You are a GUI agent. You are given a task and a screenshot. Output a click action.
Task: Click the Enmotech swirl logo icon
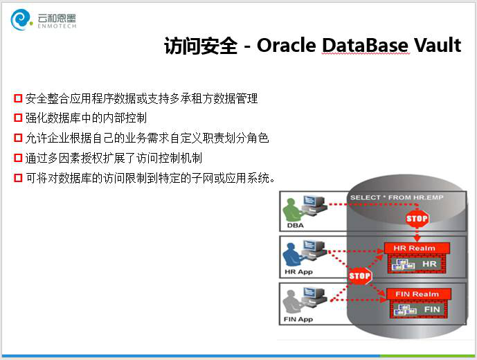21,20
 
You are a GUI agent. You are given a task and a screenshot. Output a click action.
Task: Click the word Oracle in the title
287,45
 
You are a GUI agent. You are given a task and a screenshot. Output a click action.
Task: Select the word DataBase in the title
365,45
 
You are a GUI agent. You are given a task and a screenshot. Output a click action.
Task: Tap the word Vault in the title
438,45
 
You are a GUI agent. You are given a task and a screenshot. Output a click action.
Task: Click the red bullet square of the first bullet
18,98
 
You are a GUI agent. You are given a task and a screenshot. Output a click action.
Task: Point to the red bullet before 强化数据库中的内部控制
18,118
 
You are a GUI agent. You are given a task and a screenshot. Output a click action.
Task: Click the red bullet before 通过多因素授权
18,158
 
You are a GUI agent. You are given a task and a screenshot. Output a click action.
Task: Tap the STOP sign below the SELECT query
417,219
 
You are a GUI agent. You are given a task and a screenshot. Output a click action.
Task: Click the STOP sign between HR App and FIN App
360,276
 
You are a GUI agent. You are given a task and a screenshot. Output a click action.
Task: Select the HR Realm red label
417,248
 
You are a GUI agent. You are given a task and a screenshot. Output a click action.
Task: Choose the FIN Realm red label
419,294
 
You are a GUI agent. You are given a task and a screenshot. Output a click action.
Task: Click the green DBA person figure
292,210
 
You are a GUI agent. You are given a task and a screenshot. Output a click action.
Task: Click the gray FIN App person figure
292,303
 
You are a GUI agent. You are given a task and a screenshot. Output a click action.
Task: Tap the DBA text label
296,226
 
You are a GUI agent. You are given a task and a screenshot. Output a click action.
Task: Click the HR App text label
298,272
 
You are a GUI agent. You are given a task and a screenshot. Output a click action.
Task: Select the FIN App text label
298,319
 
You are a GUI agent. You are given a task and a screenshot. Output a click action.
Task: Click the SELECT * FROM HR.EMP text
397,197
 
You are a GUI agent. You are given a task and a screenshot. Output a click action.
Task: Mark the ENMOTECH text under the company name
57,26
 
